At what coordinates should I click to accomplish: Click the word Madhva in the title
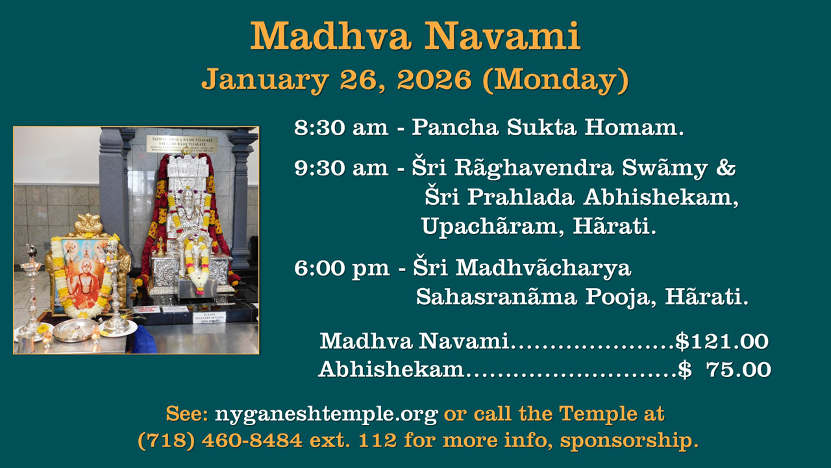[330, 36]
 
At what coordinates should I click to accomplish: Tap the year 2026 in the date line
[434, 79]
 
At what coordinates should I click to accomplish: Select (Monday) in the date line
[556, 80]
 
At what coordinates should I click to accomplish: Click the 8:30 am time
[341, 127]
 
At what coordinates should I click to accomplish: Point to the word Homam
[634, 127]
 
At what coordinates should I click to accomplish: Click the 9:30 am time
[341, 168]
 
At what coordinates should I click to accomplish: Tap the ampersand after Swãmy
[726, 168]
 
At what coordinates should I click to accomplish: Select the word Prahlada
[521, 197]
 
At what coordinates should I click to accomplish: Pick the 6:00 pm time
[341, 268]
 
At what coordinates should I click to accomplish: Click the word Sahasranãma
[496, 297]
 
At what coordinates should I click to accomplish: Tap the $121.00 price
[721, 341]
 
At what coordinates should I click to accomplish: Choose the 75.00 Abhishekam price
[738, 370]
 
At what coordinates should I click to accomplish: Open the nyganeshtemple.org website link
[326, 414]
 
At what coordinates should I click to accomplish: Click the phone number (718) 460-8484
[220, 441]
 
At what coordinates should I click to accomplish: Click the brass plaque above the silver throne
[182, 144]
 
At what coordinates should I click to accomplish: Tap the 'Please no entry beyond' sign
[209, 318]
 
